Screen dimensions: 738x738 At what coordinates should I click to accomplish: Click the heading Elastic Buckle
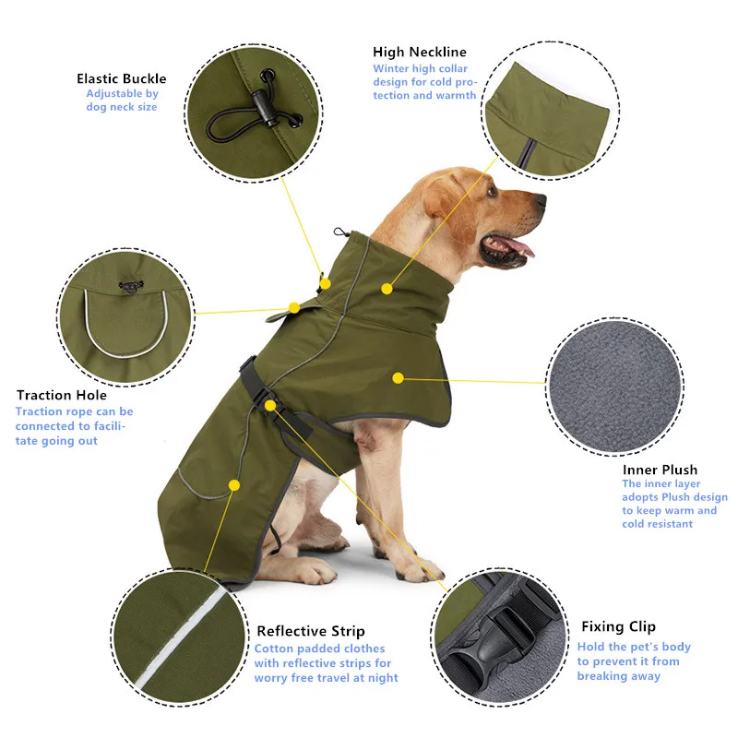tap(122, 78)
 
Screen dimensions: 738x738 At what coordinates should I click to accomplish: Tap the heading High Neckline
tap(420, 52)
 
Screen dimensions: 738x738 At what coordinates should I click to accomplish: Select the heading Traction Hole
tap(62, 395)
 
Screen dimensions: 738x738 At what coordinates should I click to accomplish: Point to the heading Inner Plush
tap(660, 470)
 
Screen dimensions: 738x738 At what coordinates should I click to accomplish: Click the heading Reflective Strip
tap(311, 631)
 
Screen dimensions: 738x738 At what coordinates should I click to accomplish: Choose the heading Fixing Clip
tap(618, 627)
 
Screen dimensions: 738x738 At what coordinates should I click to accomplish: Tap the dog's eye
tap(492, 191)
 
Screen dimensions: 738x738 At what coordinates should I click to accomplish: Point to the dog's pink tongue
tap(520, 246)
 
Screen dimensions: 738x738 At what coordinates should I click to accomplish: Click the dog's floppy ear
tap(445, 196)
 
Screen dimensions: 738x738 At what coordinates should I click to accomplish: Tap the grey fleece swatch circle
tap(614, 387)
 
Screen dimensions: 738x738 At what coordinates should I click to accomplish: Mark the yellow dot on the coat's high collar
tap(387, 289)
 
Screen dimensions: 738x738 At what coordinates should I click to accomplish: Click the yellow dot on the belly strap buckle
tap(269, 405)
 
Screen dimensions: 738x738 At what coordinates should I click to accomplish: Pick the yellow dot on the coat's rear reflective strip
tap(234, 485)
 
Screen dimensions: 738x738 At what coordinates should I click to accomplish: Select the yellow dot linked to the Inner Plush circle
tap(398, 378)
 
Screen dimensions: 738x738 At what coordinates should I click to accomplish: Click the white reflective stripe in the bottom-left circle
tap(180, 637)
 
